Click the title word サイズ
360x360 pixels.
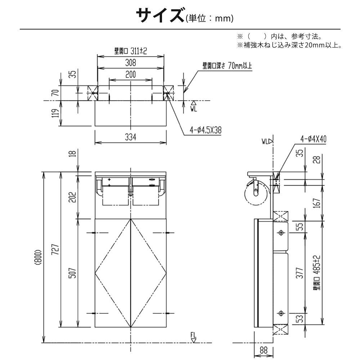click(x=160, y=15)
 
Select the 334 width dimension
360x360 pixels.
click(x=130, y=137)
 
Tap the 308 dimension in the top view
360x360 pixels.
click(x=130, y=63)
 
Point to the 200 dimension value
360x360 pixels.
click(x=130, y=75)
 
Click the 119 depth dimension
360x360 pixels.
click(x=56, y=113)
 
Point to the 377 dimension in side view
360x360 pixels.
click(x=300, y=273)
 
